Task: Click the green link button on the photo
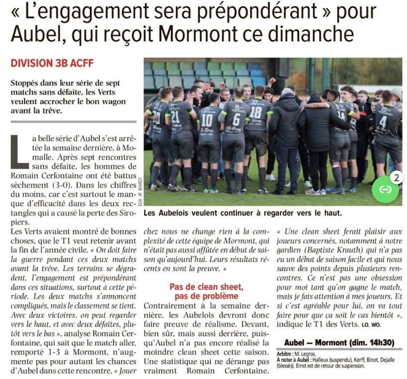385,189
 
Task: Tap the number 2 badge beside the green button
397,177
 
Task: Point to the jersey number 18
255,113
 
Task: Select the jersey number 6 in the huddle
237,119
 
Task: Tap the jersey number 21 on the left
175,117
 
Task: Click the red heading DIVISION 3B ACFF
52,63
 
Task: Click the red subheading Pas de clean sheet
206,287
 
